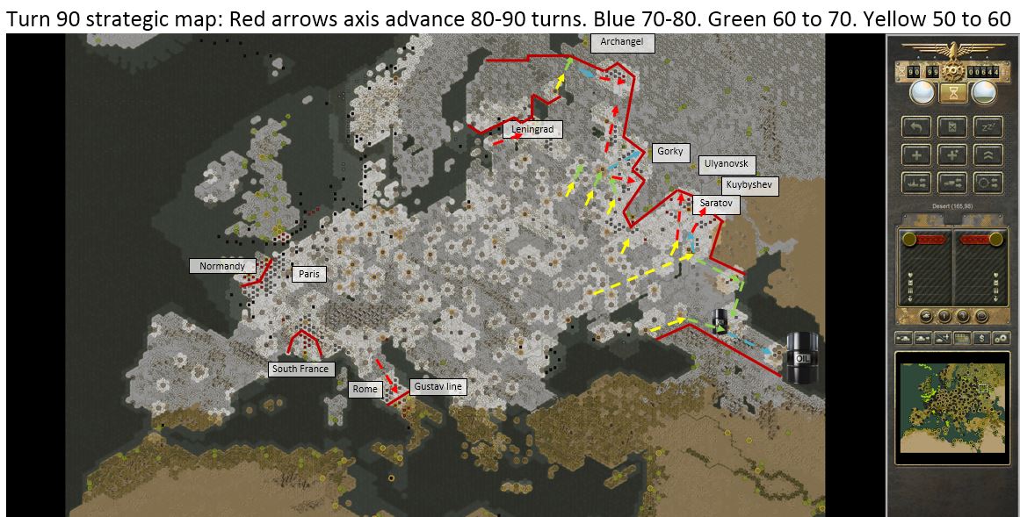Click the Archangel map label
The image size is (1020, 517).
click(x=622, y=43)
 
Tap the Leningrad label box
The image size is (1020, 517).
click(x=532, y=130)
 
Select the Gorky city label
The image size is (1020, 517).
click(x=669, y=152)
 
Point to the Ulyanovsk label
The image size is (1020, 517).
click(x=727, y=164)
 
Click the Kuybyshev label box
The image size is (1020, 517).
click(x=749, y=185)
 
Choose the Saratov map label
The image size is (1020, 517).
click(x=715, y=205)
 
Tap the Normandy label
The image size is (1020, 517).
click(x=221, y=266)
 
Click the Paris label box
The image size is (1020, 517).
click(x=308, y=274)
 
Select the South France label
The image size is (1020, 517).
click(x=300, y=370)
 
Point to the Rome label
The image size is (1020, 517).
click(x=365, y=389)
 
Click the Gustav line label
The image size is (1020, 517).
click(x=438, y=386)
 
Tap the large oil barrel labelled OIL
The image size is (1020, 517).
click(x=801, y=357)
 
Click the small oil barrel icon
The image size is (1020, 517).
click(x=720, y=320)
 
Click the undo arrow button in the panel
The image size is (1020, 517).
click(x=916, y=128)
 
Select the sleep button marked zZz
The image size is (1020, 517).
click(x=987, y=128)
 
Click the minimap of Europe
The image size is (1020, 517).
click(x=951, y=406)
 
